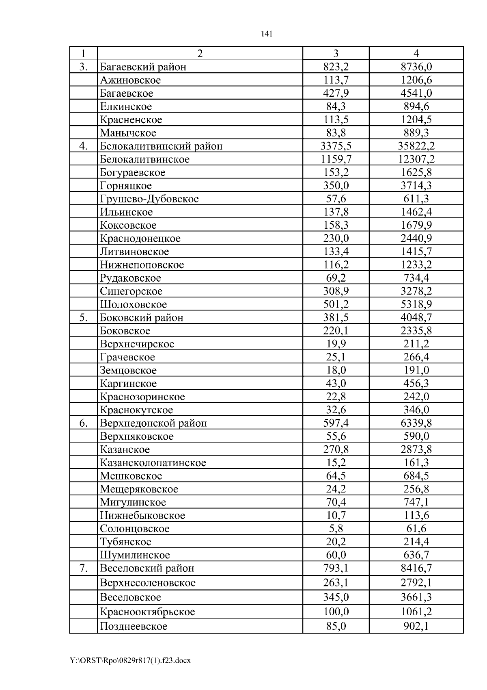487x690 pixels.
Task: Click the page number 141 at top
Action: [266, 34]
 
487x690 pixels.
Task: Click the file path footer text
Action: [130, 660]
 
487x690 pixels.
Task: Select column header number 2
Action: [200, 53]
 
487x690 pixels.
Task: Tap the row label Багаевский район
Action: [143, 67]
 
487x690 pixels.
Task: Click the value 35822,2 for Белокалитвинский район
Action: [416, 146]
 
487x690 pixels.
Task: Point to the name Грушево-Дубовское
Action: [149, 199]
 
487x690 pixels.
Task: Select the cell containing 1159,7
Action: [336, 159]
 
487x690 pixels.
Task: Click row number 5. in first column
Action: [84, 317]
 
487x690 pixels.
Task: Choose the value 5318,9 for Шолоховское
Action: [416, 304]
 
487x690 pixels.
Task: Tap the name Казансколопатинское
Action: [153, 462]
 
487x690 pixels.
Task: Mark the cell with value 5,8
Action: [336, 529]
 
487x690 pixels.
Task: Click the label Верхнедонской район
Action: [153, 423]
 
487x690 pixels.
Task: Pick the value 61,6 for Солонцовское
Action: [416, 529]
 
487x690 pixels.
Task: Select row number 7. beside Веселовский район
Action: [84, 568]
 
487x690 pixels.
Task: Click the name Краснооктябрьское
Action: [147, 612]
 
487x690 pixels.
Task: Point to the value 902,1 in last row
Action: [416, 626]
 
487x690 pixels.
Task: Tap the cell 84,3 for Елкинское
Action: [336, 106]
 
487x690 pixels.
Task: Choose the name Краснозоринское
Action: [142, 397]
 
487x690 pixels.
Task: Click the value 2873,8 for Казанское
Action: [416, 449]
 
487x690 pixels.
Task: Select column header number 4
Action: [416, 53]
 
